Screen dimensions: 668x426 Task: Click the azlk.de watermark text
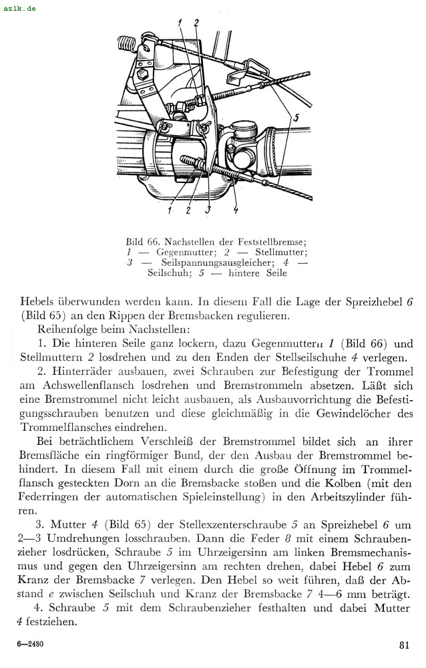click(19, 8)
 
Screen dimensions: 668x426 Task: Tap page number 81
click(404, 645)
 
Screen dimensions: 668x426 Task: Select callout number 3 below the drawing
click(208, 210)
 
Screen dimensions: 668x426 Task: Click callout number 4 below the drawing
click(236, 210)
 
